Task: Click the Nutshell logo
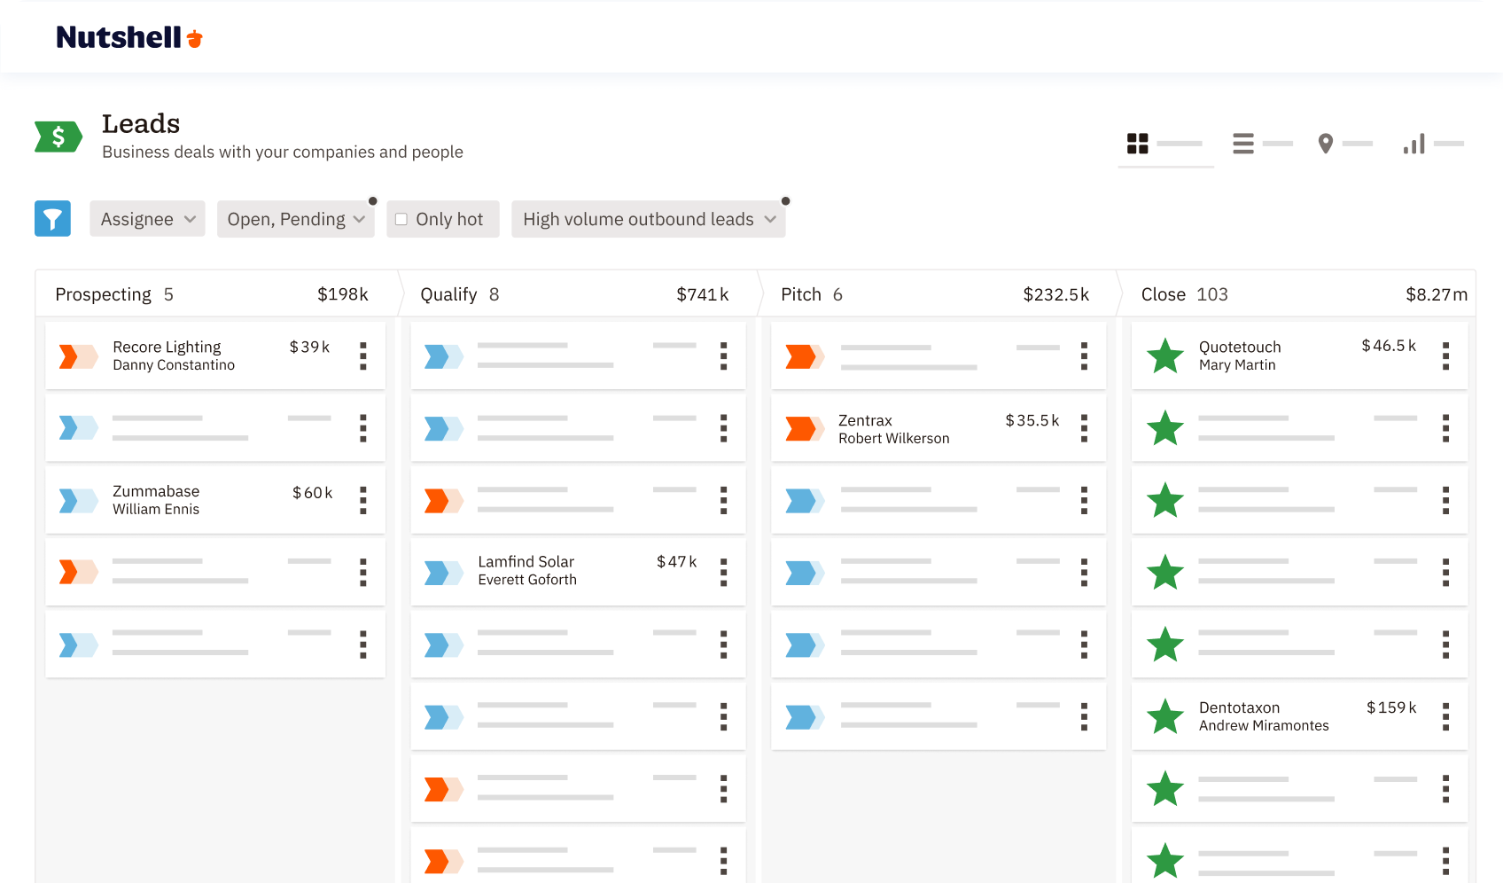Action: [x=129, y=37]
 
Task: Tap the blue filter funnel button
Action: [x=52, y=219]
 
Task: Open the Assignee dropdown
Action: [x=147, y=219]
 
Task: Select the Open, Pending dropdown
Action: [x=295, y=219]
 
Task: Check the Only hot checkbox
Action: [x=401, y=219]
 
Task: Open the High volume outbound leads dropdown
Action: [x=648, y=219]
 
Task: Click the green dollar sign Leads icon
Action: [x=58, y=137]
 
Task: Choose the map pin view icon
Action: [x=1326, y=144]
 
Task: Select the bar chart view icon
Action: [x=1413, y=144]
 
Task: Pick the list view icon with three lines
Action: [x=1243, y=144]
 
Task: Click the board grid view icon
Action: [x=1137, y=144]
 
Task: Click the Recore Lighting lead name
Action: [x=167, y=347]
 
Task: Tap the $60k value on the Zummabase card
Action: [x=312, y=493]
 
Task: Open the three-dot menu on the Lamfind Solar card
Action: [x=724, y=572]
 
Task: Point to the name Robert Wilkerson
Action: [x=893, y=439]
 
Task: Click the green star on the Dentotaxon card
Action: [x=1165, y=716]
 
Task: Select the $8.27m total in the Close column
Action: [x=1436, y=294]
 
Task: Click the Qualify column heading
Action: [x=448, y=294]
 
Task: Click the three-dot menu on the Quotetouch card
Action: [x=1445, y=356]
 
